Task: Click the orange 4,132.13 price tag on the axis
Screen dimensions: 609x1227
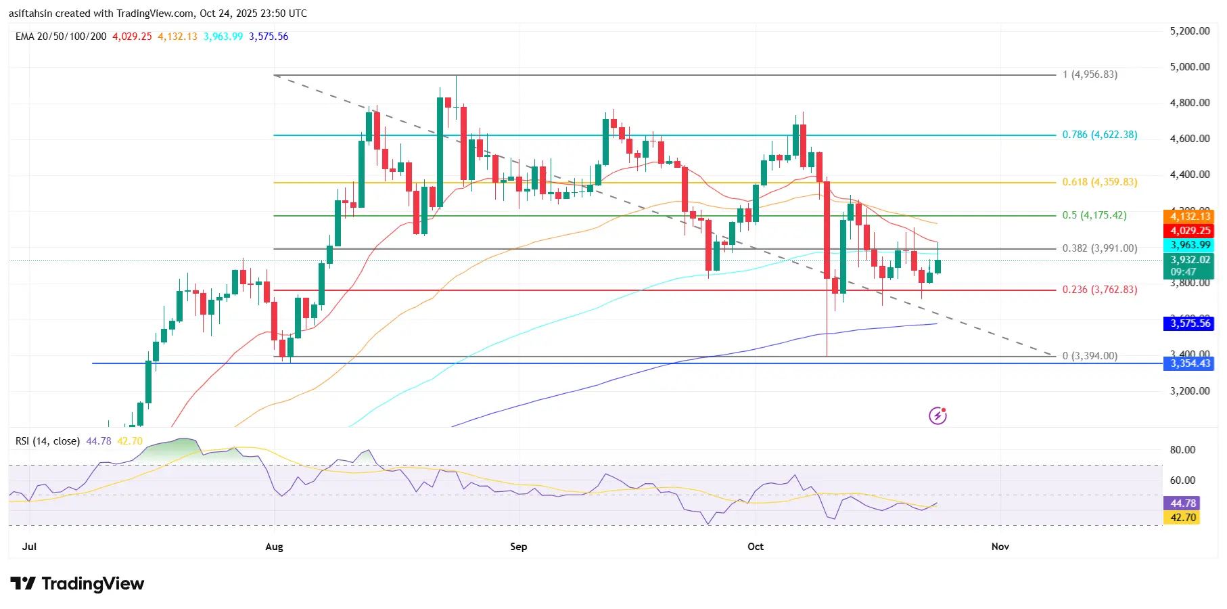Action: click(x=1189, y=217)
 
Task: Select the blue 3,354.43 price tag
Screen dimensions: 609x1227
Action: click(x=1189, y=363)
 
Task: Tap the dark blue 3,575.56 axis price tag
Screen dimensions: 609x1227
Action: click(x=1189, y=323)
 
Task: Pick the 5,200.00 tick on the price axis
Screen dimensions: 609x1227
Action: click(x=1189, y=31)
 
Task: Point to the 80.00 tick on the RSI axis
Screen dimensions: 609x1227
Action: click(x=1182, y=450)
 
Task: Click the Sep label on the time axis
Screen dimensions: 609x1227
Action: click(x=518, y=547)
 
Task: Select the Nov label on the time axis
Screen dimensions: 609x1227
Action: click(x=1000, y=547)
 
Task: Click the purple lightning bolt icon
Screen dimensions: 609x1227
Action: click(x=937, y=415)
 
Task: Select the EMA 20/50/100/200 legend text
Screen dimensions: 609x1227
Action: click(x=61, y=37)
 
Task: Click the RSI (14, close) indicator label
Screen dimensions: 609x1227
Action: click(x=47, y=441)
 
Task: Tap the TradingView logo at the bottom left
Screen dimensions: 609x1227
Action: click(x=77, y=584)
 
